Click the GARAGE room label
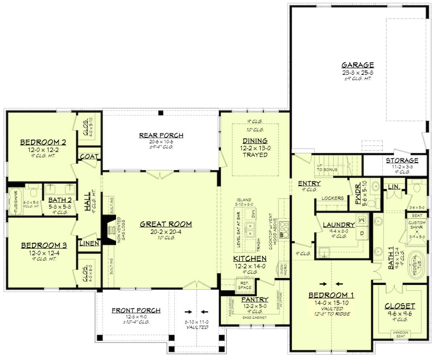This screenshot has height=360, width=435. tap(357, 65)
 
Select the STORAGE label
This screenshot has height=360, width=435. tap(402, 160)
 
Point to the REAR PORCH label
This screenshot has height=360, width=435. tap(161, 135)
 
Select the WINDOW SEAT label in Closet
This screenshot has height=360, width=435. tap(402, 334)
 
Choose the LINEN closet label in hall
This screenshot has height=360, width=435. tap(89, 244)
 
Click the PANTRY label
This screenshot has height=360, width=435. tap(254, 299)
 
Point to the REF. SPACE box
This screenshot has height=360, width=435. tap(245, 285)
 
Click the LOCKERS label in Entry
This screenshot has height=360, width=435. tap(332, 198)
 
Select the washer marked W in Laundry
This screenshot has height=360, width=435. tap(361, 220)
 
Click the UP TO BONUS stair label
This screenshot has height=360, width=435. tap(327, 167)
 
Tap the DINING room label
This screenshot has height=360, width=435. tap(255, 141)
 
